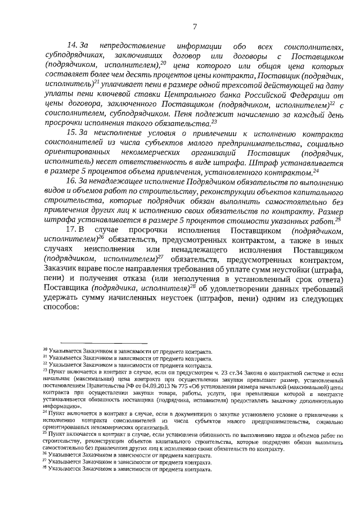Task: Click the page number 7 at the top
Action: coord(194,25)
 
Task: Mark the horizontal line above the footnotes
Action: coord(103,343)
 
